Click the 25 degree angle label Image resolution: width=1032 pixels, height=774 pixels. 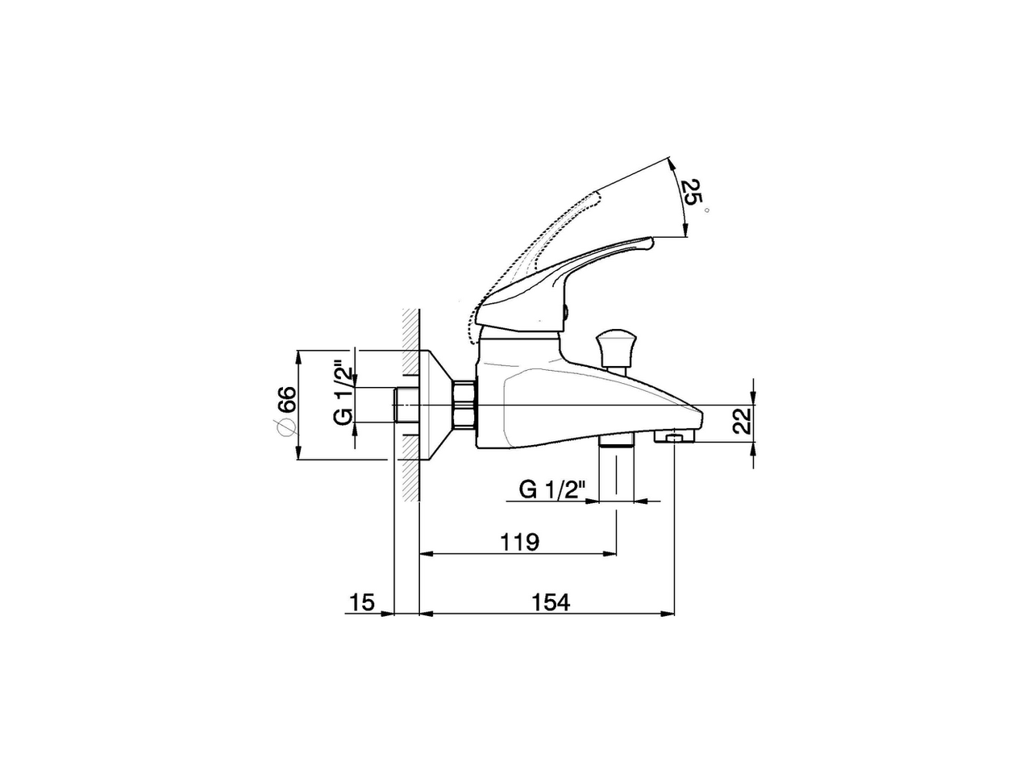pos(690,192)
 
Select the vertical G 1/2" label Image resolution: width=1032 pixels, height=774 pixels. pos(343,390)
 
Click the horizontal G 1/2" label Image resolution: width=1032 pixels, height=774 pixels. pos(552,490)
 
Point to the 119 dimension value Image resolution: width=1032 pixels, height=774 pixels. pos(520,542)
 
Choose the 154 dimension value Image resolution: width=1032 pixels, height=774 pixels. pos(551,602)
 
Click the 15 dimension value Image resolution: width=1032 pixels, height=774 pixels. pos(362,602)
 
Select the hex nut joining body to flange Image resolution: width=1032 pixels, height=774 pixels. pos(464,405)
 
